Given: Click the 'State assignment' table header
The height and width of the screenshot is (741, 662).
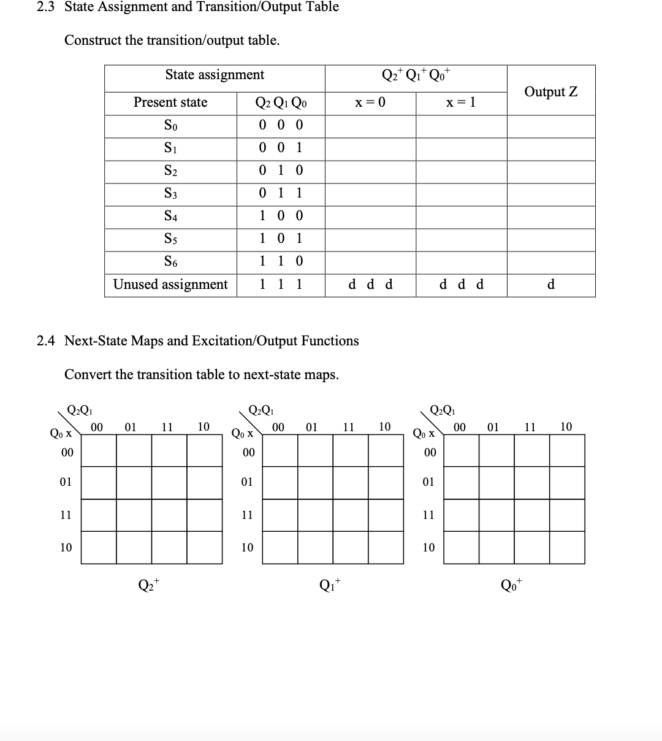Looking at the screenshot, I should coord(215,75).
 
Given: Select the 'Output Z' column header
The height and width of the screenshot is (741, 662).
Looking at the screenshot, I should coord(550,91).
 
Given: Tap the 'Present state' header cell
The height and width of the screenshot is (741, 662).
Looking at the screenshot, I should coord(170,102).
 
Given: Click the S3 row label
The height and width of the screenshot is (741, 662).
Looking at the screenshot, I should coord(170,193).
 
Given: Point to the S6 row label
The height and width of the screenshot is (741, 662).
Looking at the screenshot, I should coord(170,261).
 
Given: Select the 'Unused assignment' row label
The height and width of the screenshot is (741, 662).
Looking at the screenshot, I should coord(170,285).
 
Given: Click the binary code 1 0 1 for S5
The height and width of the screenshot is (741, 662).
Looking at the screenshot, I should coord(281,239).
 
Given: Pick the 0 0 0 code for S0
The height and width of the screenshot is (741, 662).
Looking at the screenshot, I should coord(281,125).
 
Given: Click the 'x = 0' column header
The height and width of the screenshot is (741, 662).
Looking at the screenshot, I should coord(370,102).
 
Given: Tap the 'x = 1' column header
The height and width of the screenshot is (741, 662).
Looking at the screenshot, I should coord(461,102).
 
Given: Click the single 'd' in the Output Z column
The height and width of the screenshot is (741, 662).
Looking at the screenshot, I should coord(550,285).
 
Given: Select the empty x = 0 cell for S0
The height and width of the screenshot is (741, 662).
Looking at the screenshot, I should coord(370,126).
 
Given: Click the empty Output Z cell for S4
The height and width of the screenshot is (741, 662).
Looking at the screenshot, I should coord(550,217).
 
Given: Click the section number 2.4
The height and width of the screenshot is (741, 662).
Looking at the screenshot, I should coord(47,340).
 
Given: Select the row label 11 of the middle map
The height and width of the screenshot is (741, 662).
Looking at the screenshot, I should coord(246,515).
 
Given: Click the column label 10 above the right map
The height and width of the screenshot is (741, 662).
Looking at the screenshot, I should coord(566,426).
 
